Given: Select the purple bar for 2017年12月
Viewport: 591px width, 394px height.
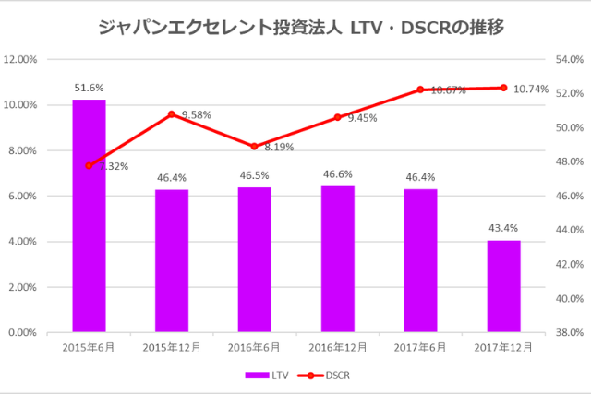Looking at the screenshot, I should click(503, 286).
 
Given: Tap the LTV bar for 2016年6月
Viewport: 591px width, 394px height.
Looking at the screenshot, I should click(255, 259).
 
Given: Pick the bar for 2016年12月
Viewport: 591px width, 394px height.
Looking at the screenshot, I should click(337, 258).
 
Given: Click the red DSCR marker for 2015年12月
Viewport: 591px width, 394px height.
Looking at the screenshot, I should click(172, 114).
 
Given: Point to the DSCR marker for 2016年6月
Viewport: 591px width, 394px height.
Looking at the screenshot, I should click(255, 146).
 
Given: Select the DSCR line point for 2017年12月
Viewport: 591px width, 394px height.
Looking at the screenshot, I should click(503, 88).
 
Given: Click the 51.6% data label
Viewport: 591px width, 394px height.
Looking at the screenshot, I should click(89, 88).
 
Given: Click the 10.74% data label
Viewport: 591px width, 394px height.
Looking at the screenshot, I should click(531, 90).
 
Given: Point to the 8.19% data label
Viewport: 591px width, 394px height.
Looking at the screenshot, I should click(278, 147).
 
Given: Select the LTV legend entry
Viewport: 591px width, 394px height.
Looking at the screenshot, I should click(264, 376).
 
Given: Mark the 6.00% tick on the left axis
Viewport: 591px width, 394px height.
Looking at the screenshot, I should click(23, 196).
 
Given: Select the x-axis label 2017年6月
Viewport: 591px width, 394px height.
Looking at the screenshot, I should click(420, 347).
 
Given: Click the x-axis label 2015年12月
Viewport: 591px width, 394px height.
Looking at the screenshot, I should click(172, 347).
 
